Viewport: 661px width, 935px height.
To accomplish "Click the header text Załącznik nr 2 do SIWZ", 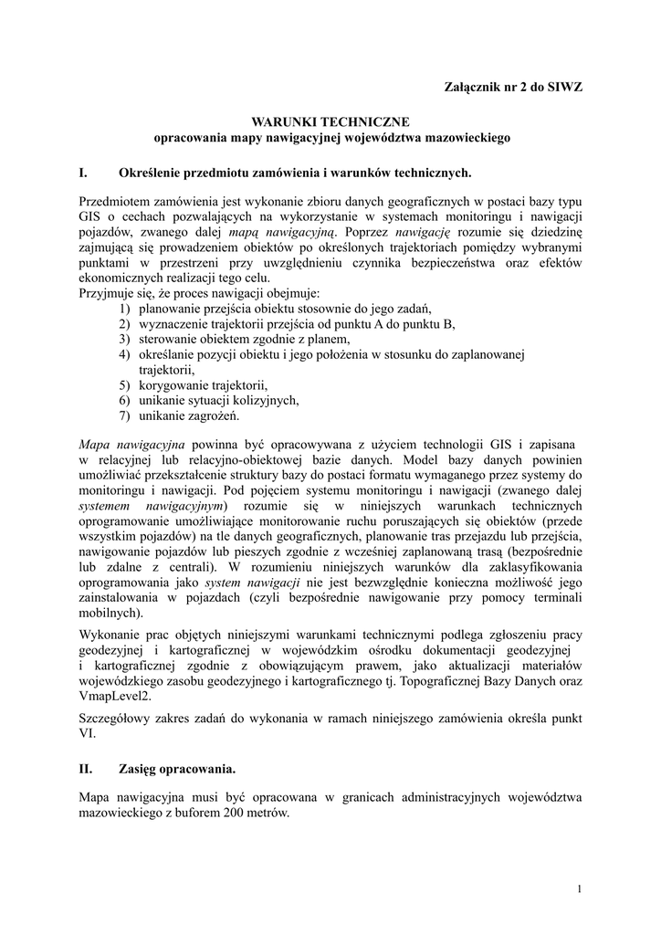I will tap(513, 87).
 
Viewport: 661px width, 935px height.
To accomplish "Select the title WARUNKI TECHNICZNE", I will tap(330, 121).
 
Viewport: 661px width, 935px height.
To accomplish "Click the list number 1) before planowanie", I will tap(125, 309).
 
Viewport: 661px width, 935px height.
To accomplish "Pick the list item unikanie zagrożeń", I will tap(188, 416).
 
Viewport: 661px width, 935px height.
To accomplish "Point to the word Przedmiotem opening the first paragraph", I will tap(117, 201).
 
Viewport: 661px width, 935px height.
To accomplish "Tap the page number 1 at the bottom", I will tap(580, 888).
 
